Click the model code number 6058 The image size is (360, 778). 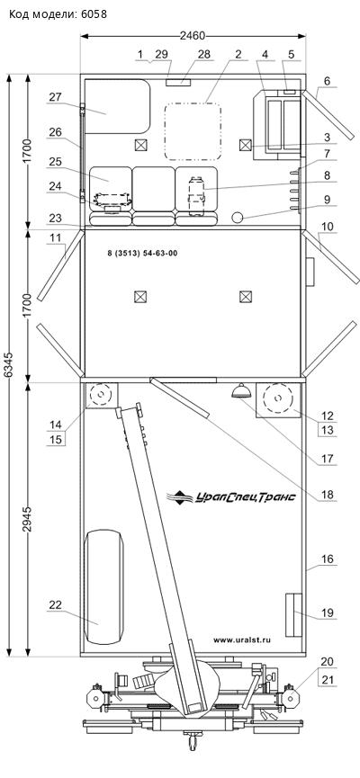[94, 14]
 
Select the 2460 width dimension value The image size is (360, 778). [193, 36]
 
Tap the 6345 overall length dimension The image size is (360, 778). [9, 364]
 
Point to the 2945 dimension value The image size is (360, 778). [28, 519]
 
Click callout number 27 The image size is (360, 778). [55, 97]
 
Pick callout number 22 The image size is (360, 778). [55, 604]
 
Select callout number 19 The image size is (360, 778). [328, 613]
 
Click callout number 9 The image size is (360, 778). [328, 200]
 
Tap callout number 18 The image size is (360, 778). [328, 495]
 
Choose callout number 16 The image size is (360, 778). [328, 559]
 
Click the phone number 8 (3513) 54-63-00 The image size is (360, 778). [142, 254]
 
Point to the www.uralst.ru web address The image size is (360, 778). [242, 640]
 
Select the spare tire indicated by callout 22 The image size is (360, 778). [103, 587]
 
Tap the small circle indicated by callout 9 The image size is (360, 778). [238, 217]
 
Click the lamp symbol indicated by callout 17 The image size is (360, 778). [241, 390]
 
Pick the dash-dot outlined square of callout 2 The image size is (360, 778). [193, 131]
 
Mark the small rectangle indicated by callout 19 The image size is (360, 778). [293, 615]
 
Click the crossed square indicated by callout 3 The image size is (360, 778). [245, 146]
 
